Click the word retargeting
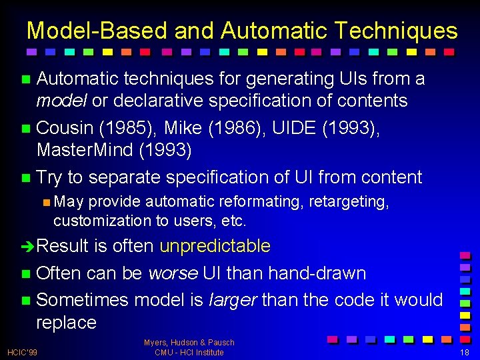pyautogui.click(x=349, y=201)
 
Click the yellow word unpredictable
pyautogui.click(x=215, y=246)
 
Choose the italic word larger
pyautogui.click(x=234, y=300)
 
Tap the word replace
pyautogui.click(x=66, y=323)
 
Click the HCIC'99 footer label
pyautogui.click(x=22, y=351)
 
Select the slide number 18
pyautogui.click(x=464, y=351)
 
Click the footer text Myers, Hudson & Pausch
pyautogui.click(x=189, y=343)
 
